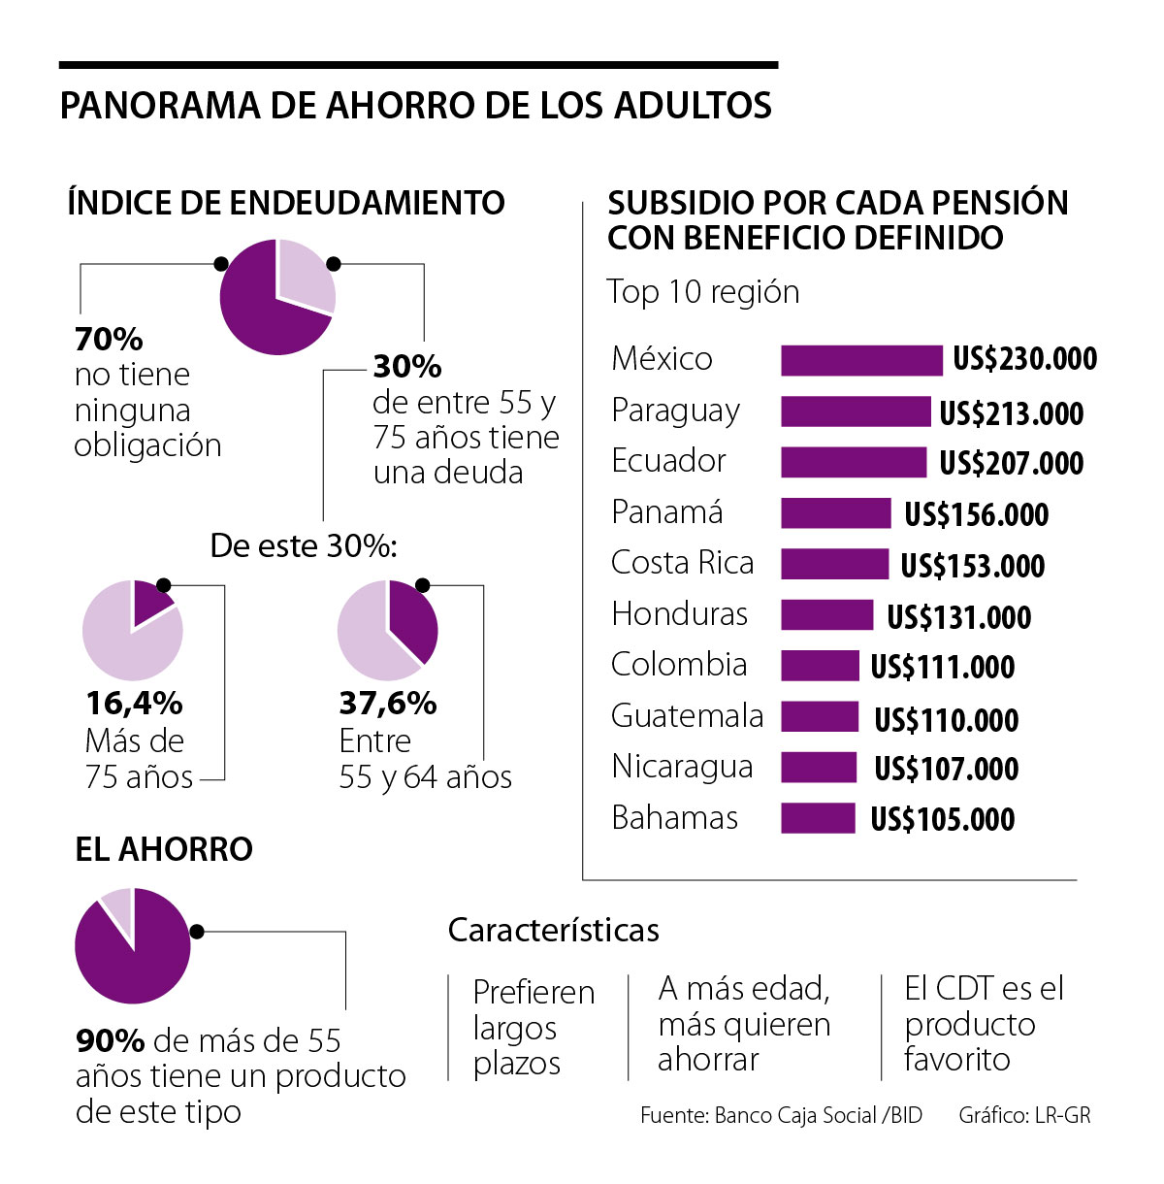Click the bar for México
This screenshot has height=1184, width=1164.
[861, 360]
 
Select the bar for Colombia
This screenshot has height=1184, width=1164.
[820, 666]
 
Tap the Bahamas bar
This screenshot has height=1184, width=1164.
[818, 818]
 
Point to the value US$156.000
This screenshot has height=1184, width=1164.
[976, 514]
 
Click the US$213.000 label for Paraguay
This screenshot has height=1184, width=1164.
[1011, 413]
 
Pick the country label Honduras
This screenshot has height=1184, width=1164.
[679, 614]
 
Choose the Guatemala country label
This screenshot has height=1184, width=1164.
[687, 716]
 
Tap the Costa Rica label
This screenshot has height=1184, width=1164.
[682, 563]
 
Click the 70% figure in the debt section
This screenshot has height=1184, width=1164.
[109, 340]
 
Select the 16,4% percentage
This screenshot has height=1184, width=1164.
[134, 703]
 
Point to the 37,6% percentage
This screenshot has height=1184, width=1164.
[388, 703]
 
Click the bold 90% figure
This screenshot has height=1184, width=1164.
[110, 1041]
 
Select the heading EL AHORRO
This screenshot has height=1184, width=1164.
[164, 849]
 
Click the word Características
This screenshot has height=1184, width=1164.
[553, 931]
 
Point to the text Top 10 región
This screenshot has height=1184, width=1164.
[703, 292]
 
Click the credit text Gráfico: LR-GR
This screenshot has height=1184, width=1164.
[1024, 1116]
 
